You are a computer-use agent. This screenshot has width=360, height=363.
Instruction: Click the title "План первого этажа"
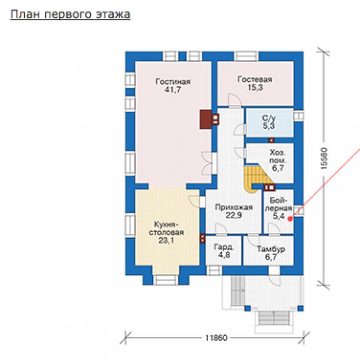pos(70,15)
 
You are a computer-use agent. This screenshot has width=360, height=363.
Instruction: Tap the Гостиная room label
pos(173,82)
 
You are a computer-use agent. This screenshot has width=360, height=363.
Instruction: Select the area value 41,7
pos(173,89)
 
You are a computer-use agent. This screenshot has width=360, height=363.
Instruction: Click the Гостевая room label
pos(255,80)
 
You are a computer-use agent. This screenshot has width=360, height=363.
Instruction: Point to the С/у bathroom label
pos(269,118)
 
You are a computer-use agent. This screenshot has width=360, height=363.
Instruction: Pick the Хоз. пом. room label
pos(277,156)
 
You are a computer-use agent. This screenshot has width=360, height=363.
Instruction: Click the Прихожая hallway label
pos(234,207)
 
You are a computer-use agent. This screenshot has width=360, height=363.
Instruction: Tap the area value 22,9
pos(234,215)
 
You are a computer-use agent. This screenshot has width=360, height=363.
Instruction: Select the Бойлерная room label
pos(278,204)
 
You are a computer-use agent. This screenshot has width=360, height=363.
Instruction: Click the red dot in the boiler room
pos(290,219)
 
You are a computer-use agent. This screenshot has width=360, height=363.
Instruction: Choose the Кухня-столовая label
pos(166,228)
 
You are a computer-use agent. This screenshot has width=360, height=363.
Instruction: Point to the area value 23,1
pos(166,241)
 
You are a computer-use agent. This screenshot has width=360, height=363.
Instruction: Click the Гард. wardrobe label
pos(224,247)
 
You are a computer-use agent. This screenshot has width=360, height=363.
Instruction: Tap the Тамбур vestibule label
pos(271,249)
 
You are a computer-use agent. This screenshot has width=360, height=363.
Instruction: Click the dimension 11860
pos(216,338)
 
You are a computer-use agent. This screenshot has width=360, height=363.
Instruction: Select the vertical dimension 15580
pos(324,158)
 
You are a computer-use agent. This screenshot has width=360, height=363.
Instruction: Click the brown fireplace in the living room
pos(206,119)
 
